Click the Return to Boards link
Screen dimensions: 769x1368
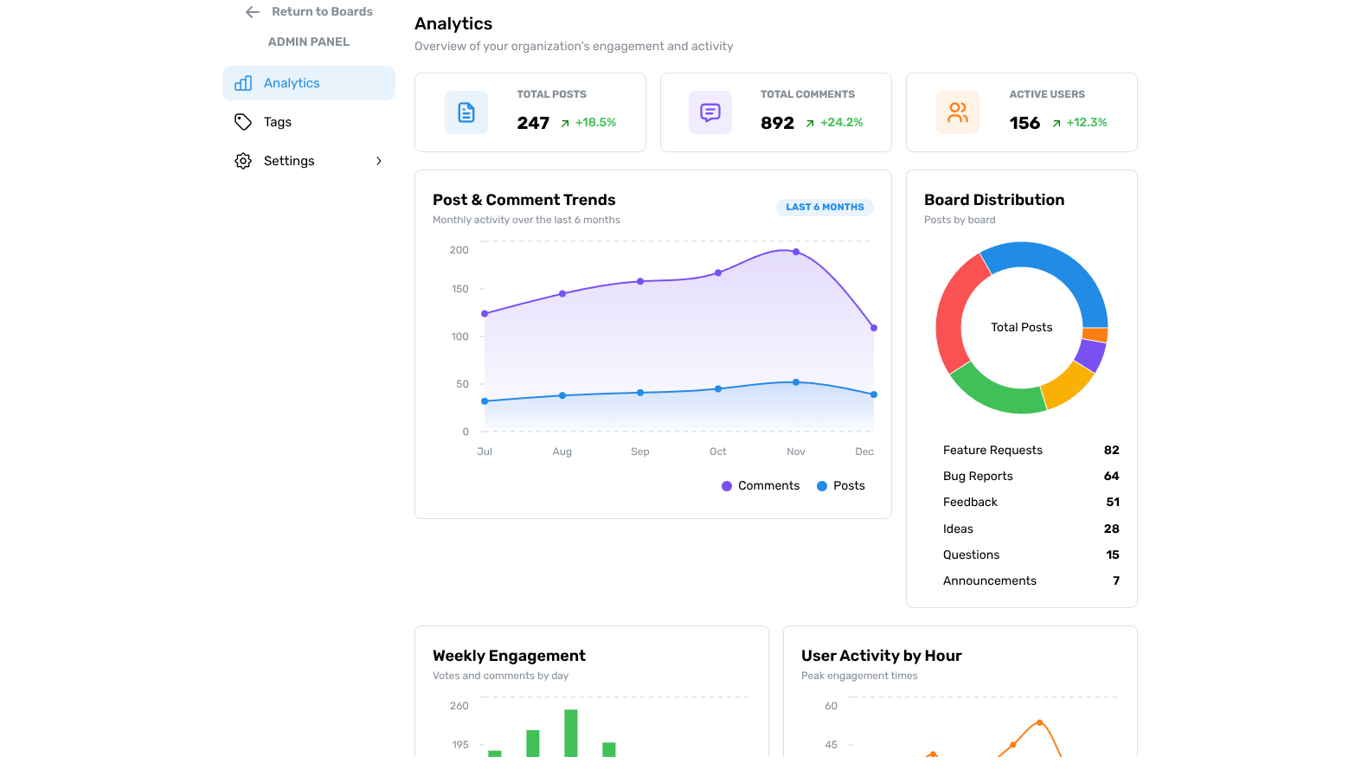coord(310,12)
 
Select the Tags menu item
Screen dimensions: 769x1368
coord(277,122)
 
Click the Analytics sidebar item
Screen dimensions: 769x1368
coord(292,83)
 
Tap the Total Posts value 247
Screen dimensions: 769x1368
coord(533,123)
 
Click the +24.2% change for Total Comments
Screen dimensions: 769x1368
coord(841,123)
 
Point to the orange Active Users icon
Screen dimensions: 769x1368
coord(957,112)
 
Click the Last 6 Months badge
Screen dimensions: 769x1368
coord(825,208)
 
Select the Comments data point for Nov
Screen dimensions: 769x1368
coord(796,253)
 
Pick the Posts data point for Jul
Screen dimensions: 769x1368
coord(485,401)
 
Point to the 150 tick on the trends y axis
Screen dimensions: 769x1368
coord(459,289)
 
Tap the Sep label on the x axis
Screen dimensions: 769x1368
coord(639,452)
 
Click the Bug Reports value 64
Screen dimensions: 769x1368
coord(1111,477)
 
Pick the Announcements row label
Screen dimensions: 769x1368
coord(989,581)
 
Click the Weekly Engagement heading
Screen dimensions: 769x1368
coord(509,656)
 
